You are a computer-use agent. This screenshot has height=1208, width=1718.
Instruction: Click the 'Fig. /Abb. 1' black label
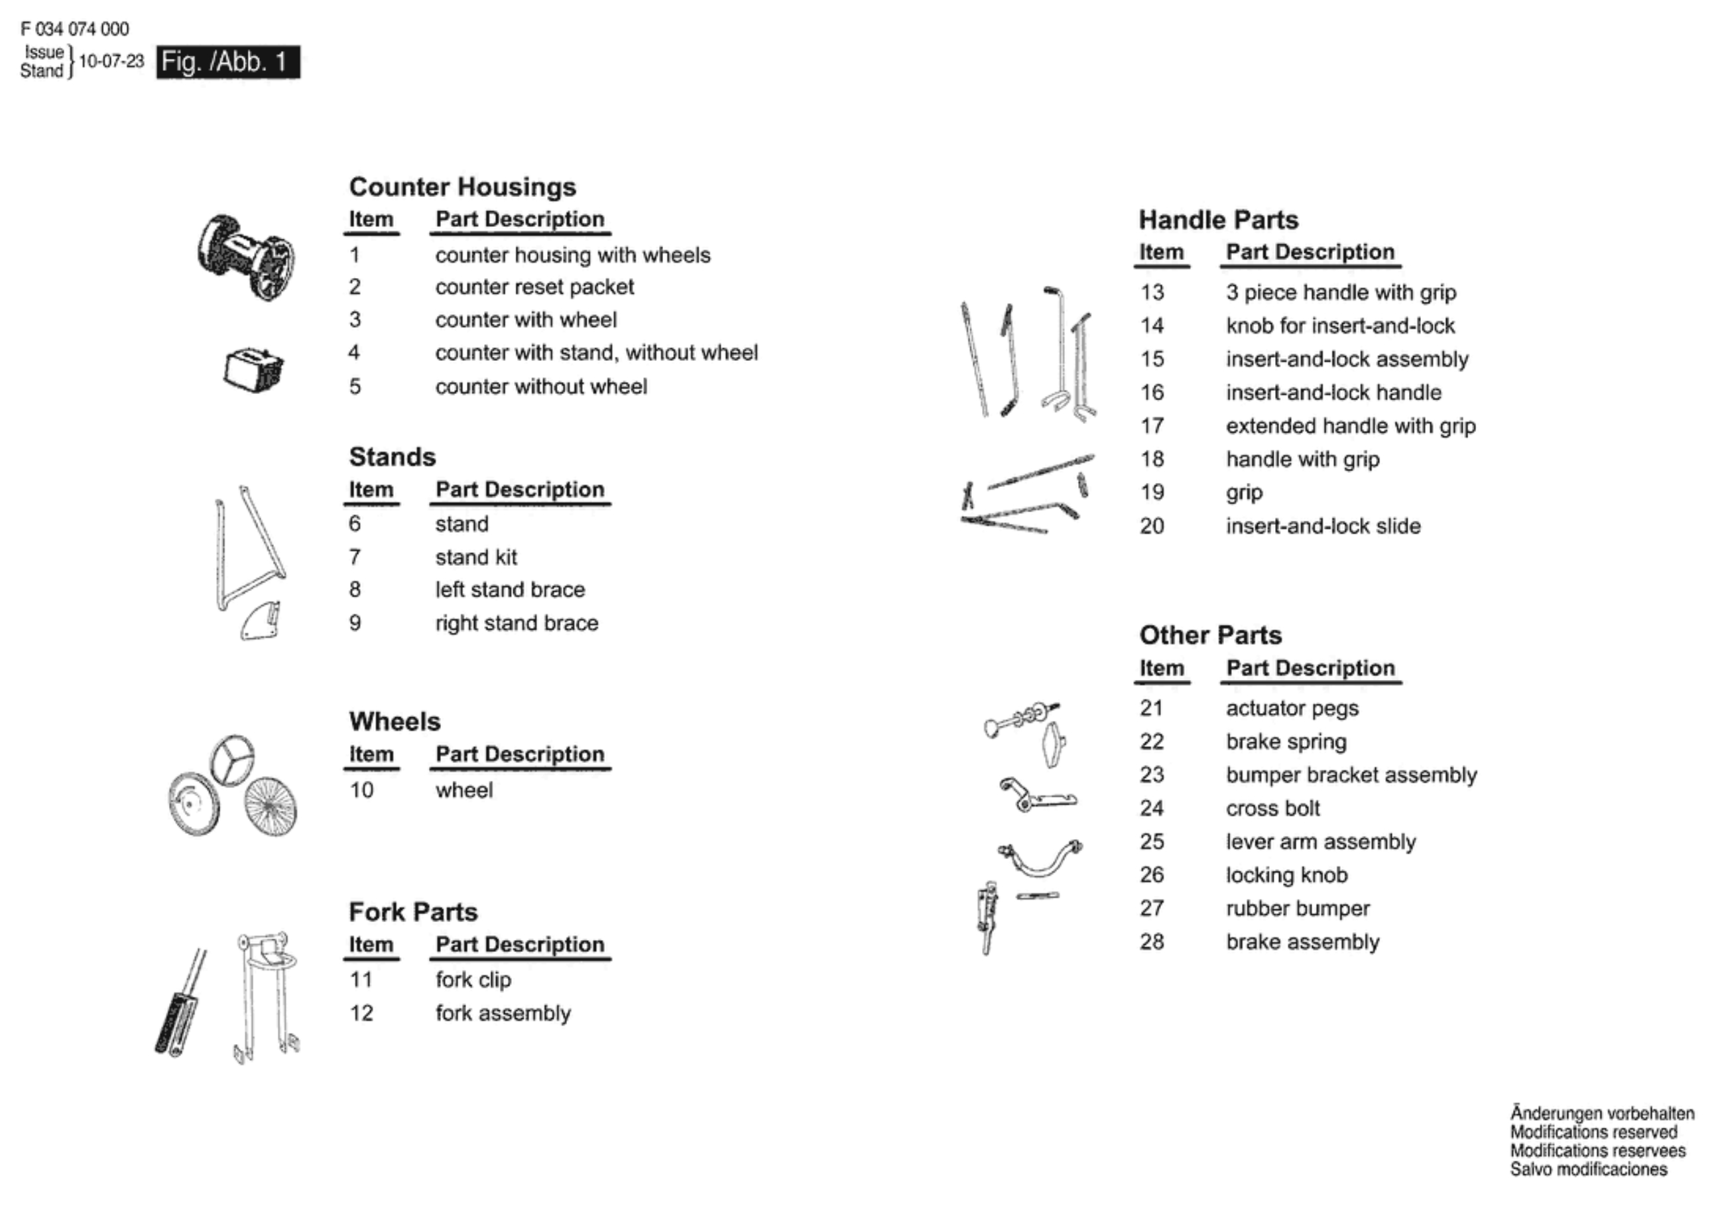(x=227, y=62)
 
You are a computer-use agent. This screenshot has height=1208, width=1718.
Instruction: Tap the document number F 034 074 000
(x=74, y=29)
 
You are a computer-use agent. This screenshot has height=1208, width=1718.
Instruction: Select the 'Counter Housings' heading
(x=461, y=186)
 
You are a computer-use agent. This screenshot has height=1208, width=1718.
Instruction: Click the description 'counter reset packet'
(x=534, y=287)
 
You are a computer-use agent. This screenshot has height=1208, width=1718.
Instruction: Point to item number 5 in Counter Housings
(x=355, y=386)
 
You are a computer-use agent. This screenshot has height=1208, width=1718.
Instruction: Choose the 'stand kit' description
(x=475, y=557)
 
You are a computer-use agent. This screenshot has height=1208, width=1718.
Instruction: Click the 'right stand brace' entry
(x=517, y=623)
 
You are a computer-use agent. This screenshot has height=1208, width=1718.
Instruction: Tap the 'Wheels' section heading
(x=395, y=721)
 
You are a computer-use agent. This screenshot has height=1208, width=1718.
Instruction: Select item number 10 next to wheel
(x=361, y=789)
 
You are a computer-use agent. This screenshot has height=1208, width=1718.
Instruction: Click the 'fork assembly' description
(x=503, y=1013)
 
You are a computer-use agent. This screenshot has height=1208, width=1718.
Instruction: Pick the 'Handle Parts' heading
(x=1218, y=220)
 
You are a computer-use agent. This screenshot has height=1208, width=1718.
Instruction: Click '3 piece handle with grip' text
(x=1340, y=292)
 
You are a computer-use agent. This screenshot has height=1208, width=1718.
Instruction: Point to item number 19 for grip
(x=1152, y=492)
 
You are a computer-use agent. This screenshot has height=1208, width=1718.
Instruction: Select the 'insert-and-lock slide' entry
(x=1322, y=525)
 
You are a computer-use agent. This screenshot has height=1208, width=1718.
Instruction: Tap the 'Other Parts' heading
(x=1210, y=635)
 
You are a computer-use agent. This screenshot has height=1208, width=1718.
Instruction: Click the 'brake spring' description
(x=1286, y=741)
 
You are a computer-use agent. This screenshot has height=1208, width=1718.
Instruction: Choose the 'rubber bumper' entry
(x=1298, y=908)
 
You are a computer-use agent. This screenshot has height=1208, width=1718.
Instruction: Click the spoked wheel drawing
(x=271, y=806)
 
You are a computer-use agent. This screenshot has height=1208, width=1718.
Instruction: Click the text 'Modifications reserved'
(x=1593, y=1132)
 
